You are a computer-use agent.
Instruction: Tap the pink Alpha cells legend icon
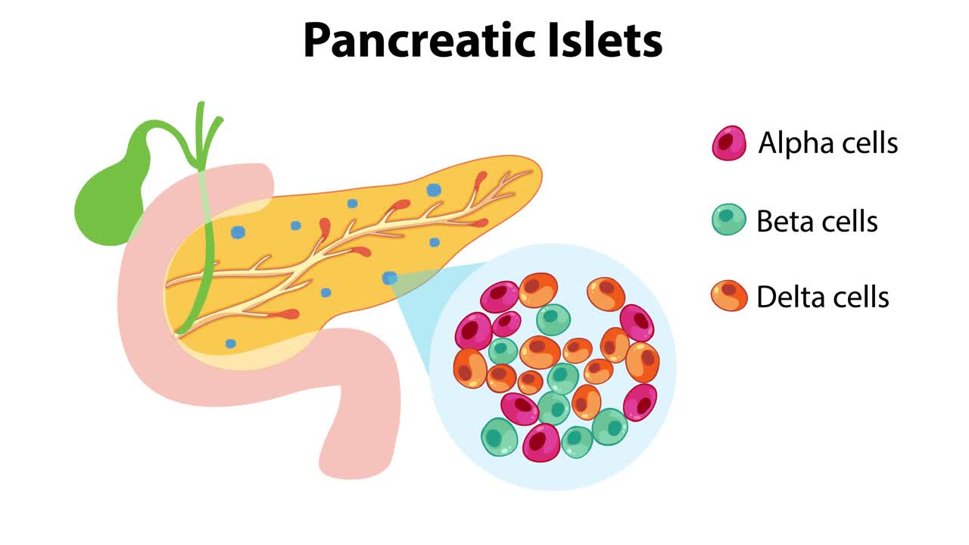pos(729,143)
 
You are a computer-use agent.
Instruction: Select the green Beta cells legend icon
pos(729,220)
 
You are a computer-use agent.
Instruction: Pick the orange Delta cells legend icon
pos(729,296)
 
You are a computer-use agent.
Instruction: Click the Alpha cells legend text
pos(828,143)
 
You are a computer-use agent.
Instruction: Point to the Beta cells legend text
pos(817,221)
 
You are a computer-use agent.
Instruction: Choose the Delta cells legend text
pos(822,297)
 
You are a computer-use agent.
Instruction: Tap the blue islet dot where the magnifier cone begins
pos(390,278)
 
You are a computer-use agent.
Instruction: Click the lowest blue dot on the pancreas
pos(231,344)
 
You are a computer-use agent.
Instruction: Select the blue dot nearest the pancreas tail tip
pos(434,190)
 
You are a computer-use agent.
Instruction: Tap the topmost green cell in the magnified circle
pos(553,319)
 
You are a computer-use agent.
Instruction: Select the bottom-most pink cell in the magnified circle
pos(541,442)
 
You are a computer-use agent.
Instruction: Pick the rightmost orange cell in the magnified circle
pos(643,361)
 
